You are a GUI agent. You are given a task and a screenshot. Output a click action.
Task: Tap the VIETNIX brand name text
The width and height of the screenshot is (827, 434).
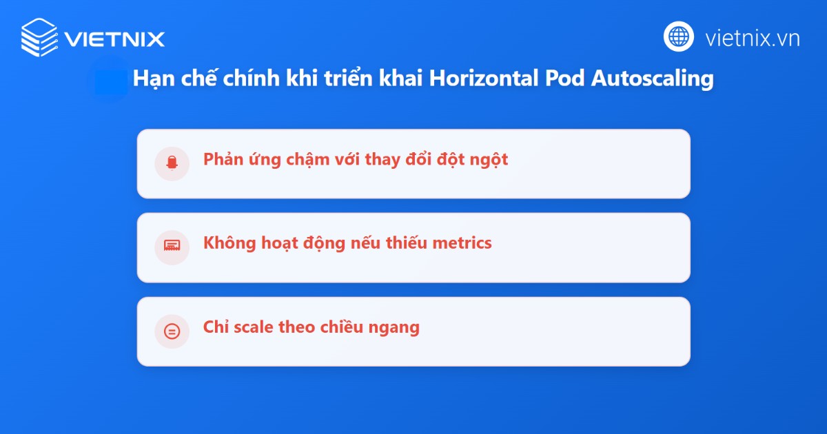click(x=114, y=38)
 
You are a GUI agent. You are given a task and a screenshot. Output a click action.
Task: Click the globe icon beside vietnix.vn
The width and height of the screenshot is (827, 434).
click(x=679, y=37)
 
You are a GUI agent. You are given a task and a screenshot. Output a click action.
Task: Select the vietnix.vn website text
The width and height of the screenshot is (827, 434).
click(x=753, y=38)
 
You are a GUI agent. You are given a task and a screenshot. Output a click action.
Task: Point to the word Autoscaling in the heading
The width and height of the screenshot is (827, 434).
click(x=653, y=79)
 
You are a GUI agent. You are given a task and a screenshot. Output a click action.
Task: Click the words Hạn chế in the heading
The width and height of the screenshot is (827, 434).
click(x=164, y=79)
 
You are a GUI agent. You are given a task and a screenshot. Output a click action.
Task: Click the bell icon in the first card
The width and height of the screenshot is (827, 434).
click(x=172, y=163)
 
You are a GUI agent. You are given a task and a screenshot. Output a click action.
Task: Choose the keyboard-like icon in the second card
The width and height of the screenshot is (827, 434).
click(x=172, y=247)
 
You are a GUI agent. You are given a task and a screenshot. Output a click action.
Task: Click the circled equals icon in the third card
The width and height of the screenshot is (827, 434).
click(x=172, y=331)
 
